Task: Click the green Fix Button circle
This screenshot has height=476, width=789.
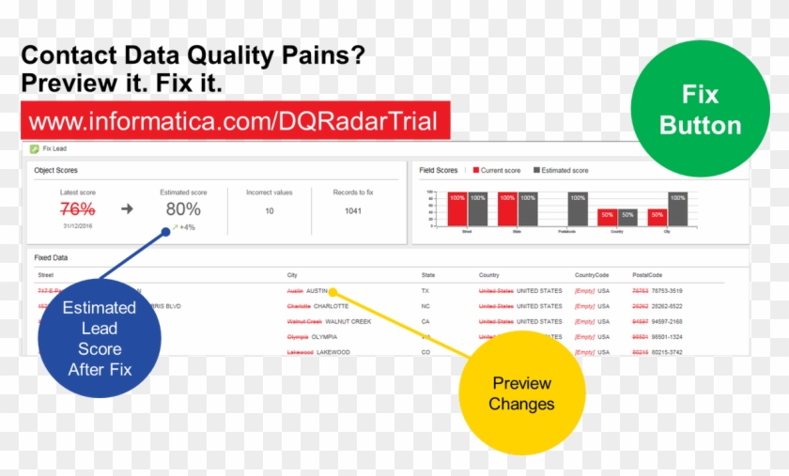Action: point(701,110)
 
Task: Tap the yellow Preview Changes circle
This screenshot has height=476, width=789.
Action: point(521,393)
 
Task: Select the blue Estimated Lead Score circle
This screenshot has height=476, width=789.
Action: point(99,338)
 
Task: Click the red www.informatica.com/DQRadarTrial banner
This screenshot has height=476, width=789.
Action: point(235,121)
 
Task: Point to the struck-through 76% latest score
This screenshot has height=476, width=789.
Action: point(78,208)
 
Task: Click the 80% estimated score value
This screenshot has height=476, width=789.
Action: point(183,208)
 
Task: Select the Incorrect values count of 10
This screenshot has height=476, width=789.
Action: point(270,210)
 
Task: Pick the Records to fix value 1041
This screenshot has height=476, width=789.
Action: point(353,210)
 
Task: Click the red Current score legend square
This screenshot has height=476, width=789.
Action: point(475,171)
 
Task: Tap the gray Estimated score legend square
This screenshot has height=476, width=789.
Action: point(537,171)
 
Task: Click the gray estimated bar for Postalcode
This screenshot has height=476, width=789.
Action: point(577,209)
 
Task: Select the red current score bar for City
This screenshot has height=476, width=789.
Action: point(657,218)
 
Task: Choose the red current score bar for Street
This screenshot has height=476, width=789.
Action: point(457,209)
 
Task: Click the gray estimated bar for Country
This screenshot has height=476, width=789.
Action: point(627,218)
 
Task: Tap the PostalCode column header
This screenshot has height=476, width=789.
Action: point(647,275)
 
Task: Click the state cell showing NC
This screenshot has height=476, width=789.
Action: point(425,306)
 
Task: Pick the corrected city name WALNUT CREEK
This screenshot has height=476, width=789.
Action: point(348,321)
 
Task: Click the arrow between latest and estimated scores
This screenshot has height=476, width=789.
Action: point(127,208)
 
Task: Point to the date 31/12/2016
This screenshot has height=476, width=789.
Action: point(78,225)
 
